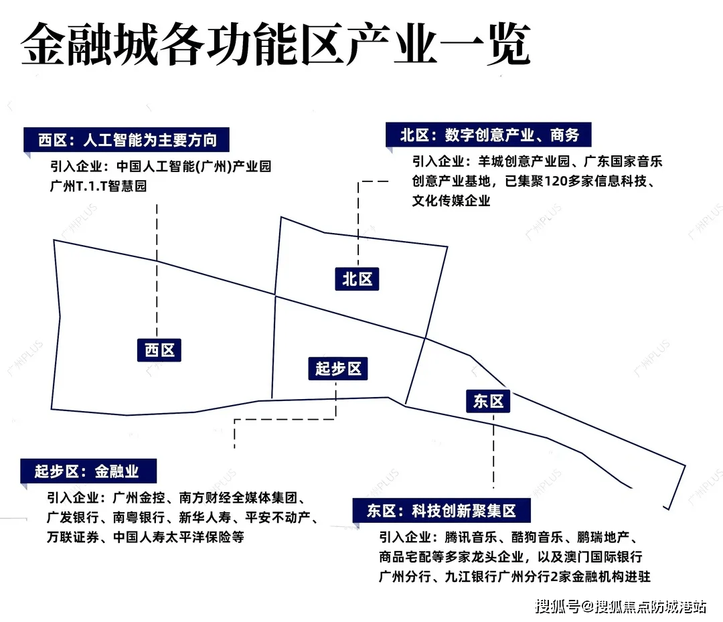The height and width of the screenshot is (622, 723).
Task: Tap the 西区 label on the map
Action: [x=159, y=349]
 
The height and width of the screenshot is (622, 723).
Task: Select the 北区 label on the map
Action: [x=357, y=278]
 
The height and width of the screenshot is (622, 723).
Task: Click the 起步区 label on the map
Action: [x=338, y=368]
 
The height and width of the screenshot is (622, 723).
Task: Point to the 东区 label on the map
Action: [x=488, y=401]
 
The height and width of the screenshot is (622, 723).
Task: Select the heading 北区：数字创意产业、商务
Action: [x=489, y=135]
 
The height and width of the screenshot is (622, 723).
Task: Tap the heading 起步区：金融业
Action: [x=87, y=471]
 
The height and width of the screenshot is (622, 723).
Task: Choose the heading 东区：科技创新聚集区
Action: [x=441, y=511]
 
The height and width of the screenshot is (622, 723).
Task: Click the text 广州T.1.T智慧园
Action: [x=98, y=186]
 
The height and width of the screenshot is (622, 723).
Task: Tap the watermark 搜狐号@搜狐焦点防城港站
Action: [x=620, y=607]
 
